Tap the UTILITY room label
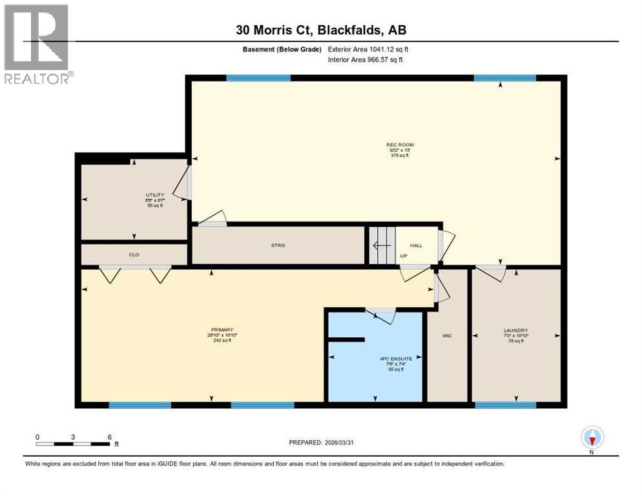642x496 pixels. coord(155,194)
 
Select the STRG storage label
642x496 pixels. coord(278,245)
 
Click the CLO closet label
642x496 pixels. coord(134,255)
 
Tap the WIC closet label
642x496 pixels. coord(447,335)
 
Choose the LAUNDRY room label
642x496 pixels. coord(516,330)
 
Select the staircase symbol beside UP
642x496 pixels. coord(381,245)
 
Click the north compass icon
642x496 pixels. coord(592,438)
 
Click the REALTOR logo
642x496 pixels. coord(37,44)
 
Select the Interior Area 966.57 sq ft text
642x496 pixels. coord(369,60)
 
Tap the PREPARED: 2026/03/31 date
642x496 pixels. coord(321,442)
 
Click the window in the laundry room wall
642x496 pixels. coord(505,405)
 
